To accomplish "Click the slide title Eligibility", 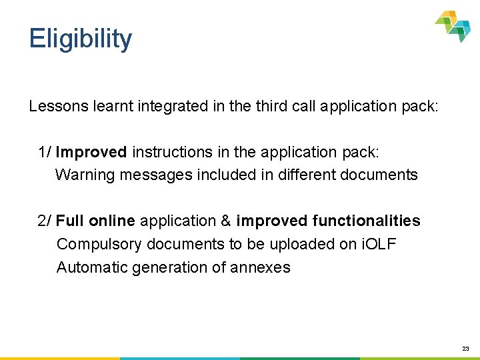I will click(81, 39).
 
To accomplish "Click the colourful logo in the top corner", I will click(453, 26).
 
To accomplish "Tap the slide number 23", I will click(465, 349).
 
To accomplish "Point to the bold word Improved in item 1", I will click(91, 152).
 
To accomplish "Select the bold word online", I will click(112, 221).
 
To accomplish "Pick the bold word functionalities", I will click(365, 221).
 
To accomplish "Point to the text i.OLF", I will click(379, 244).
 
